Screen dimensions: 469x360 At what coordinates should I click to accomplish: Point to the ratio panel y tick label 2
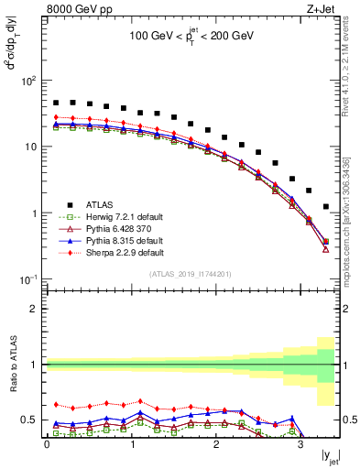(x=34, y=309)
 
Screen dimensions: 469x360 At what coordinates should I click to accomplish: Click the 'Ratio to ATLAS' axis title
(x=12, y=364)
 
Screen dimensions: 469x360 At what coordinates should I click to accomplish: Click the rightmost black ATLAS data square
(x=326, y=207)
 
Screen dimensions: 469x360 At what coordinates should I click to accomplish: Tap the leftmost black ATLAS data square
(x=56, y=104)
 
